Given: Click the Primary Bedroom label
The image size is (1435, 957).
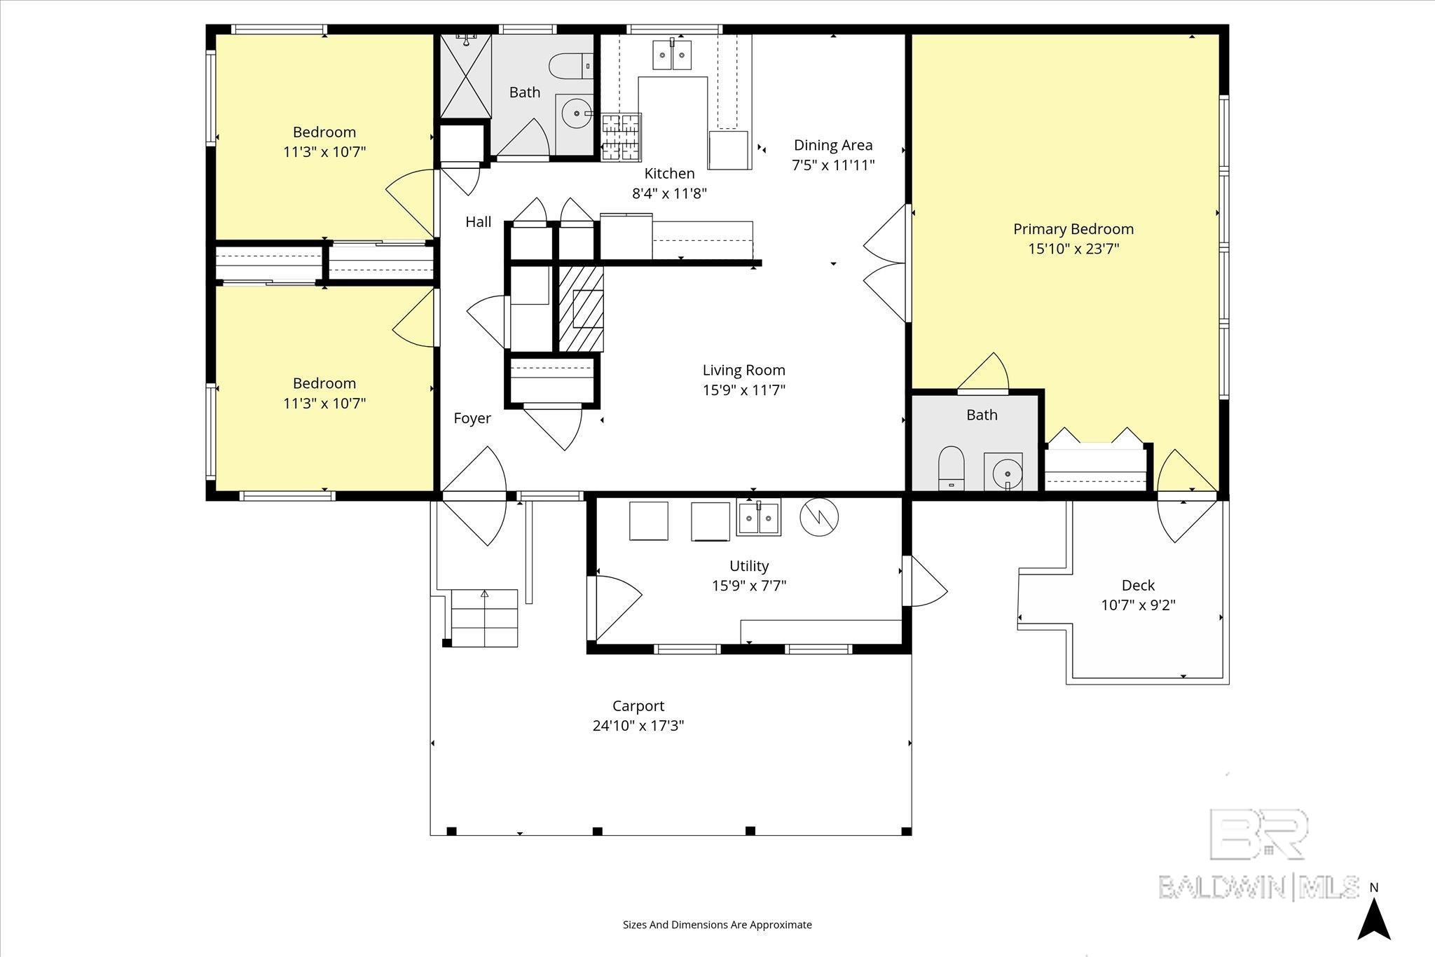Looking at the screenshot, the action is tap(1073, 229).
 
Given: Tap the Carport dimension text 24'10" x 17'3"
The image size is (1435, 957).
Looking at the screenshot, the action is tap(638, 726).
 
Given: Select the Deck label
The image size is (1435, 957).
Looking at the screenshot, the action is tap(1138, 585).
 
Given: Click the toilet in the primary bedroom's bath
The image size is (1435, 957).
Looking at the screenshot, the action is tap(952, 467).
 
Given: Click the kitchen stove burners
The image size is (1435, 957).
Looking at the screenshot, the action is tap(622, 137).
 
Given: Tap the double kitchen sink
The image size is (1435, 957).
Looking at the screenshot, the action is tap(672, 55).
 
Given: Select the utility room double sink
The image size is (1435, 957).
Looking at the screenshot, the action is tap(758, 518).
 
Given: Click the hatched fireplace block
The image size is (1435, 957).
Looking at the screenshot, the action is tap(581, 308).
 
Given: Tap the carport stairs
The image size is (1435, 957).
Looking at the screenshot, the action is tap(484, 618).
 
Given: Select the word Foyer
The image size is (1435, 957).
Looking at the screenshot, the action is tap(472, 418).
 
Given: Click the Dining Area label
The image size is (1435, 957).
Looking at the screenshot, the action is tap(833, 145).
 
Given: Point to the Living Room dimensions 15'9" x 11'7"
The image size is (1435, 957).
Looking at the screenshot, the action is tap(744, 390).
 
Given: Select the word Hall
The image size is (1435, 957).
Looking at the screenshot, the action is tap(479, 222).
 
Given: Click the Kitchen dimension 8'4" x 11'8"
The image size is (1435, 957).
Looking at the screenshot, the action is tap(670, 193).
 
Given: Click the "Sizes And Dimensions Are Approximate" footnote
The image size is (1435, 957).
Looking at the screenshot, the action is tap(717, 925).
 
